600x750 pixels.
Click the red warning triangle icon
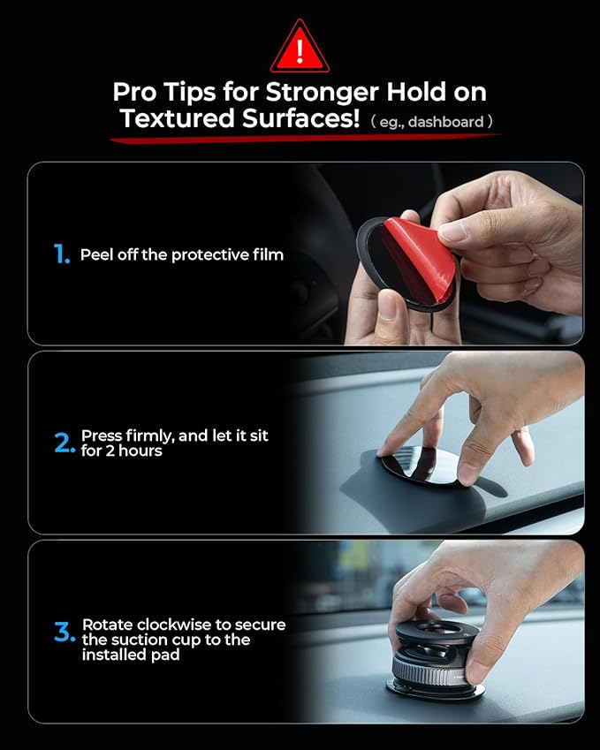coord(300,48)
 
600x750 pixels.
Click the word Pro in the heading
coord(133,92)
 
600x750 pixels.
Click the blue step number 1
coord(60,254)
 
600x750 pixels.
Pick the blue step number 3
coord(65,633)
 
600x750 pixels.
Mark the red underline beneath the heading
coord(300,138)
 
